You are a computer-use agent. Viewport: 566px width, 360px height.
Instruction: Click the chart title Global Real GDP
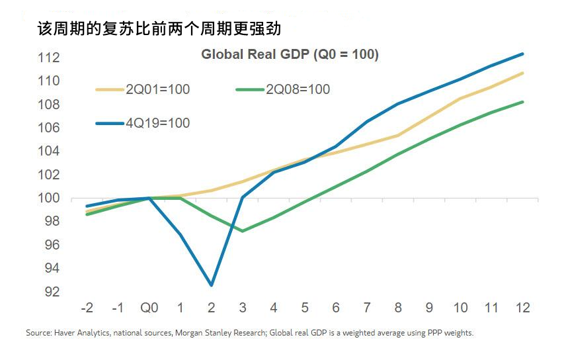290,54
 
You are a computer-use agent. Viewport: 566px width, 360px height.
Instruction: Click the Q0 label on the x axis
149,308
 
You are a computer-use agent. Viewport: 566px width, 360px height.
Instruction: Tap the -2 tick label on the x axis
87,308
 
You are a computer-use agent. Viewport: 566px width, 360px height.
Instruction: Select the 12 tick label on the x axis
522,308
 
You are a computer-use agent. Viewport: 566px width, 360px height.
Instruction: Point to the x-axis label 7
367,308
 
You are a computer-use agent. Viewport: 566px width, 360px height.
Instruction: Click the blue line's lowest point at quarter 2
212,285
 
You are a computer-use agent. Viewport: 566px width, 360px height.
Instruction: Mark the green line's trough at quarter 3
243,231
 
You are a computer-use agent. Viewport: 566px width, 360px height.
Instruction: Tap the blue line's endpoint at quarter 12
523,54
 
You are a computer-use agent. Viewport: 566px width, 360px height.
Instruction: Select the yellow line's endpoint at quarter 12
523,73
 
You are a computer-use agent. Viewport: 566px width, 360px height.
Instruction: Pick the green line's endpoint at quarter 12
523,102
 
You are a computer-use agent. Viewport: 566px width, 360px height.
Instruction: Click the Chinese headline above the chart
155,30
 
